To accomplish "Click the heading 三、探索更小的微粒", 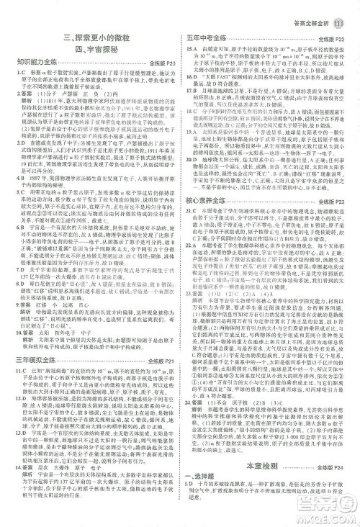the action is pyautogui.click(x=94, y=37).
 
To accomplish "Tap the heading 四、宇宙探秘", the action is pyautogui.click(x=94, y=49).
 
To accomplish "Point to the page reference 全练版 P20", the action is pyautogui.click(x=163, y=63).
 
